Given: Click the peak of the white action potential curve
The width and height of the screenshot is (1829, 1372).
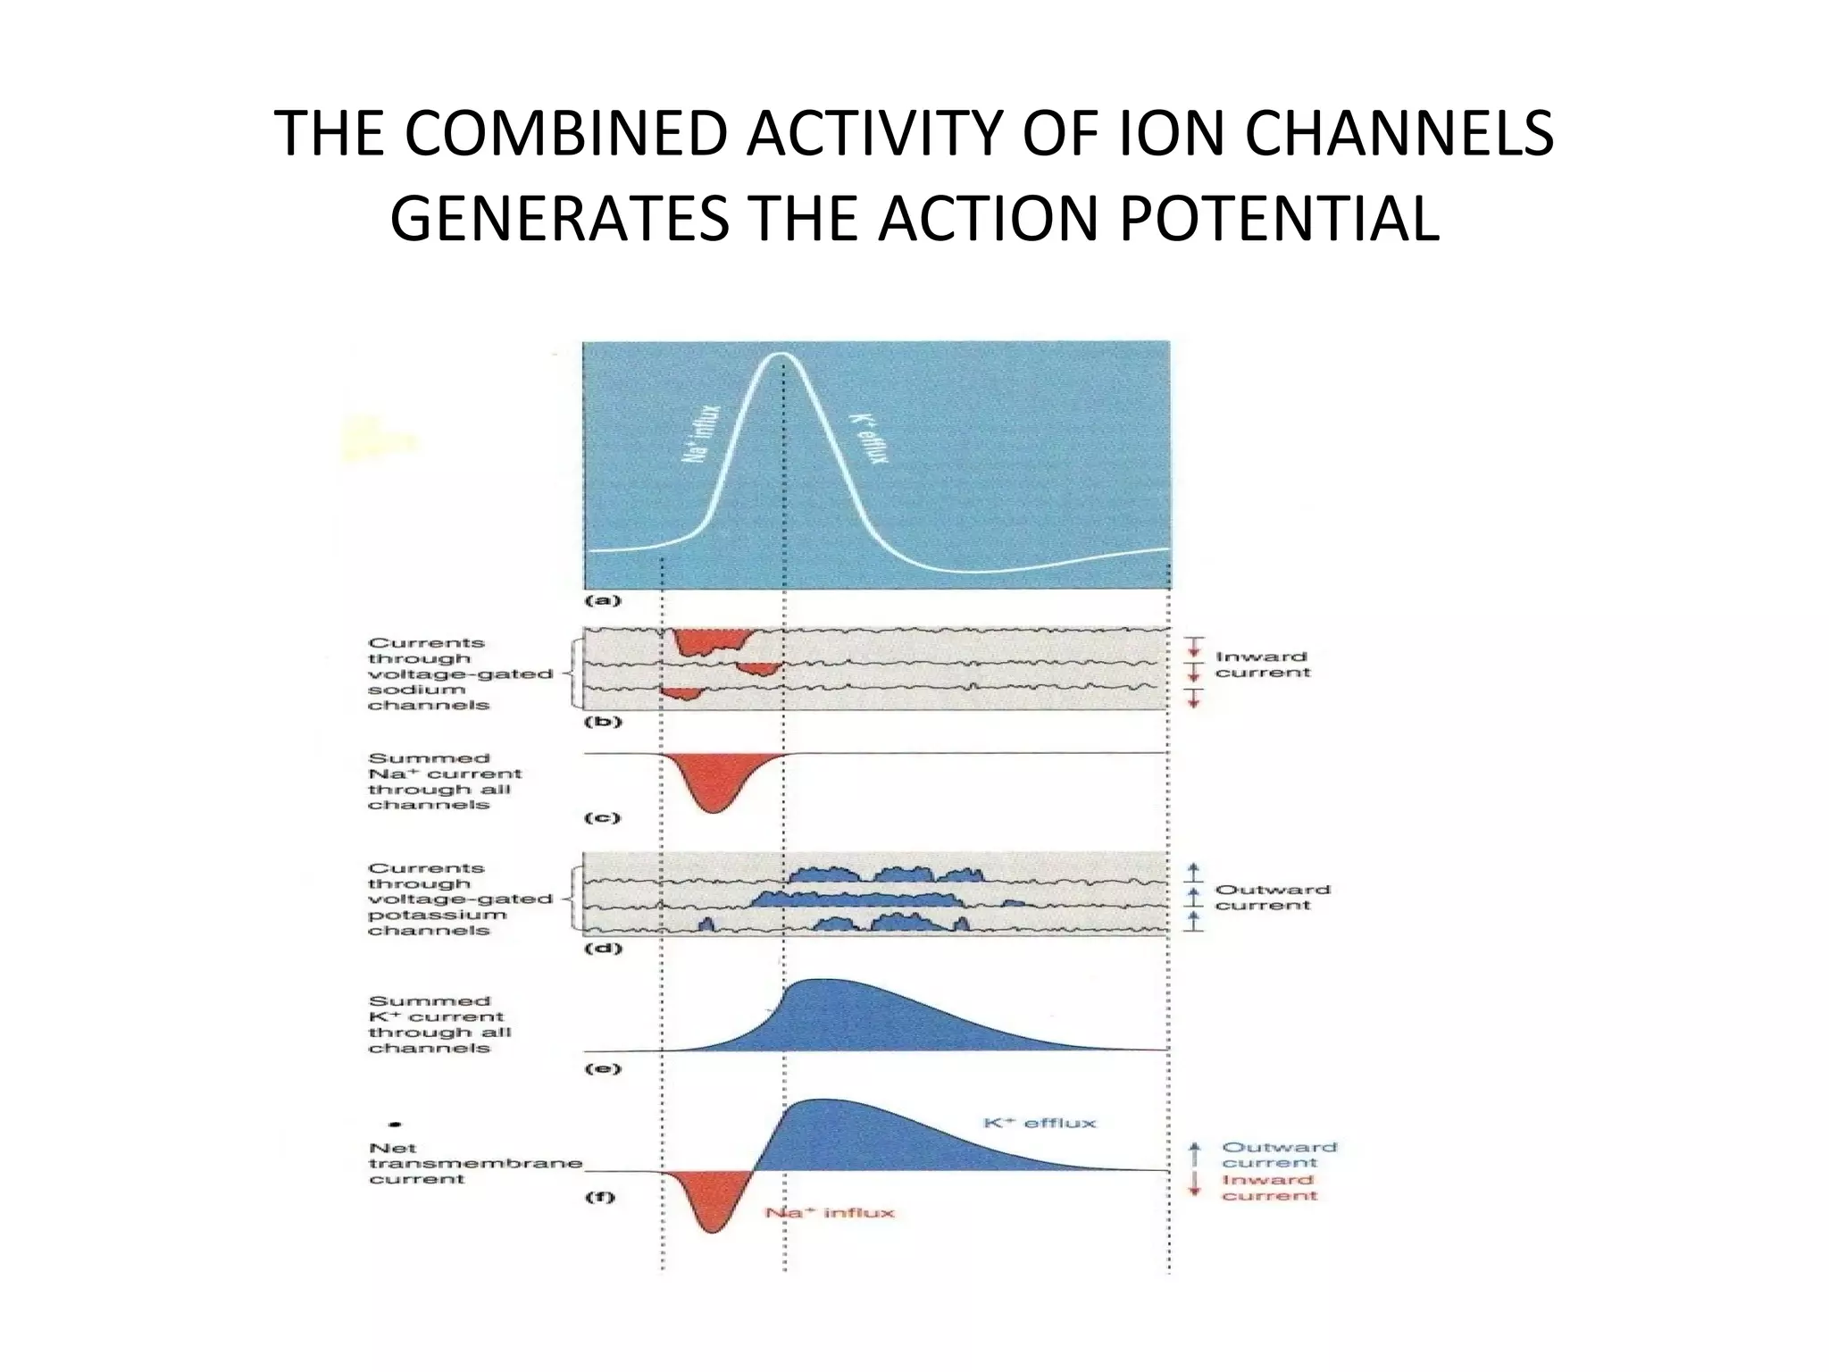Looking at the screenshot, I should click(782, 355).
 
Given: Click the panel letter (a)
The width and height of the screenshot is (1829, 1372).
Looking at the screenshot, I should click(602, 601).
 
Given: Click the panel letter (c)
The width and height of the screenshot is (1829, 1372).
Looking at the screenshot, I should click(602, 817).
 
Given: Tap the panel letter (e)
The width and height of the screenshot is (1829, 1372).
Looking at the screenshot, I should click(602, 1068).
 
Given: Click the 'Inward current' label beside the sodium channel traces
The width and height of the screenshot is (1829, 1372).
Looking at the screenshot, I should click(1261, 665).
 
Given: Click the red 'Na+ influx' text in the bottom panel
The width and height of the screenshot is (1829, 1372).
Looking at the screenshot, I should click(830, 1212).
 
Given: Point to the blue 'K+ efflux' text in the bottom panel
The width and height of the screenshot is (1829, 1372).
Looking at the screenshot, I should click(1040, 1123).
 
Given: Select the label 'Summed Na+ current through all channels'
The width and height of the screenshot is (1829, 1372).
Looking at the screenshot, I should click(444, 782).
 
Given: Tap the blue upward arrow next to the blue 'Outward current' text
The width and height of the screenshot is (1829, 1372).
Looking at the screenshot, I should click(1194, 1151).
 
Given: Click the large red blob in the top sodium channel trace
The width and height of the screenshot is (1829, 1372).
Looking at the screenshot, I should click(712, 641).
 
